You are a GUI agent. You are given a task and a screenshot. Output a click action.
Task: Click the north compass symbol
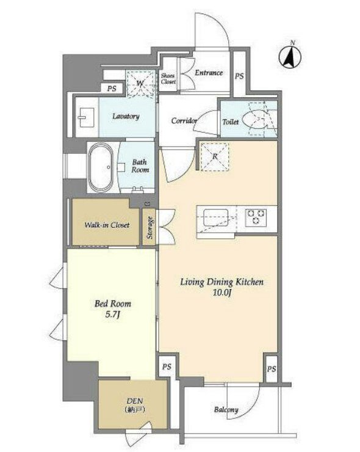[x=290, y=56]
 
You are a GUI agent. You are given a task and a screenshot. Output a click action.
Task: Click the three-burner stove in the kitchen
[x=256, y=217]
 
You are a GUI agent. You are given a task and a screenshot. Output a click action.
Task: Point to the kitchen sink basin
[x=216, y=218]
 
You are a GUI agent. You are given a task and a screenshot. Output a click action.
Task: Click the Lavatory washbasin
[x=86, y=117]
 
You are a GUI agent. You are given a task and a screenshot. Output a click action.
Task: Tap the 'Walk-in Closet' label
[x=107, y=225]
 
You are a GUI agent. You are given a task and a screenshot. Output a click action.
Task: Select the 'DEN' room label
[x=135, y=401]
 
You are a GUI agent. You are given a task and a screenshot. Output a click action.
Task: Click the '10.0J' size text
[x=222, y=293]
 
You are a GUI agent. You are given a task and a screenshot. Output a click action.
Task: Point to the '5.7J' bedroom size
[x=113, y=315]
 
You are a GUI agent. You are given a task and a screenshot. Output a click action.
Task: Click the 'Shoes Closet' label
[x=168, y=78]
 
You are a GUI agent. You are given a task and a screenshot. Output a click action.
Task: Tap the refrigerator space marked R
[x=215, y=156]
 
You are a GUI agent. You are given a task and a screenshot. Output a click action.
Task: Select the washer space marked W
[x=140, y=83]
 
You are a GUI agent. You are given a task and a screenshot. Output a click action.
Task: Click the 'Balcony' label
[x=226, y=410]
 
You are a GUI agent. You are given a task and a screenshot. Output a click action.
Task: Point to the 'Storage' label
[x=149, y=227]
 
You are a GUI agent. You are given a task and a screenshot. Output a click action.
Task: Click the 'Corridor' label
[x=184, y=120]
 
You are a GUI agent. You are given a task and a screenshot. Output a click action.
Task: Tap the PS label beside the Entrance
[x=239, y=76]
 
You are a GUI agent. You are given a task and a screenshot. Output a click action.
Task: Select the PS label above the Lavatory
[x=112, y=89]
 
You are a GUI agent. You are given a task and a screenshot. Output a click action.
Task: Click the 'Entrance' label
[x=209, y=73]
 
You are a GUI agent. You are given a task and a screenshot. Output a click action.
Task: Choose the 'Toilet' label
[x=231, y=122]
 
